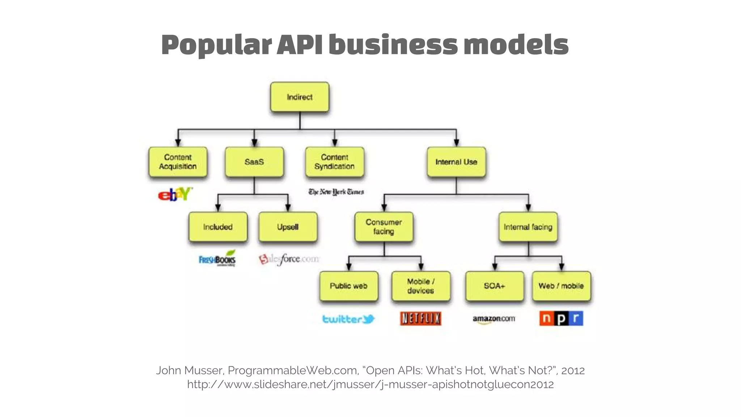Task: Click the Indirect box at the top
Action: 300,97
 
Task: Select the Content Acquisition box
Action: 178,162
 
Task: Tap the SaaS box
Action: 254,162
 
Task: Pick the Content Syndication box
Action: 334,162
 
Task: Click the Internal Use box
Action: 456,162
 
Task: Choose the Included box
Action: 218,227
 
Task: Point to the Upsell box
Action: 288,227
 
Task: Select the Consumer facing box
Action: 384,227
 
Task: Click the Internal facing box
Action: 528,227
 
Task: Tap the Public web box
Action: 348,286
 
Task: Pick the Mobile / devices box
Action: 421,286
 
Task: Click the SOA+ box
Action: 495,286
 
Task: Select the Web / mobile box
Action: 561,286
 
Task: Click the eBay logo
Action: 175,194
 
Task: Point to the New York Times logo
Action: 336,192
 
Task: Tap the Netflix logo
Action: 420,319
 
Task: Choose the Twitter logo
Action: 348,319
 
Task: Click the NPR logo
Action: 561,319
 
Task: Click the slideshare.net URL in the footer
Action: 370,384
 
